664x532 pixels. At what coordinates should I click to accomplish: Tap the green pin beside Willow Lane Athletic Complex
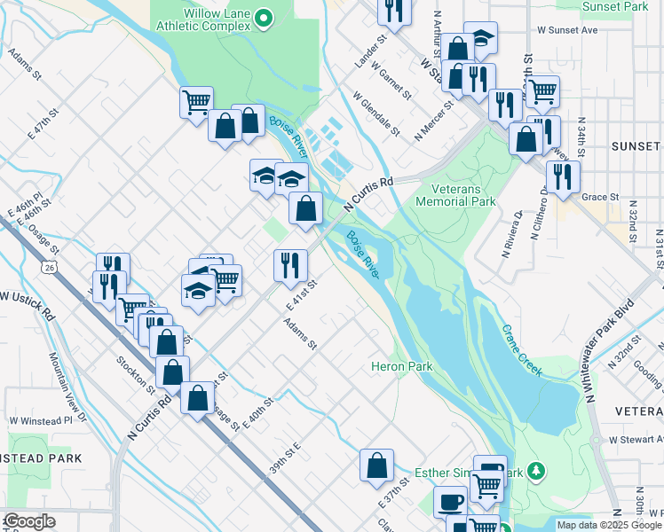(263, 17)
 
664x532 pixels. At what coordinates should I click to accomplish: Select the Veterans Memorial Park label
(462, 195)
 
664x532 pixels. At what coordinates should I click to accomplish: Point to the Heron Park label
(401, 366)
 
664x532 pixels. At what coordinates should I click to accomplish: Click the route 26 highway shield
(49, 265)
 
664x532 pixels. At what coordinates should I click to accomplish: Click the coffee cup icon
(450, 502)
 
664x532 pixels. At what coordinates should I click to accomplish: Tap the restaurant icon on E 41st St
(290, 265)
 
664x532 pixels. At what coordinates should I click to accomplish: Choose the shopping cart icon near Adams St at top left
(196, 101)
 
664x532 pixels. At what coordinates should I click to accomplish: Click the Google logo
(30, 521)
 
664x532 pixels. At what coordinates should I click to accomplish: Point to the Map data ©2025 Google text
(608, 525)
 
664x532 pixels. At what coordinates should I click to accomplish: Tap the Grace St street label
(600, 197)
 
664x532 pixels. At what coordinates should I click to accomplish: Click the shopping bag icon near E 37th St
(376, 465)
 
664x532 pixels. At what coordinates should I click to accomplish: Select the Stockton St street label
(136, 374)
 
